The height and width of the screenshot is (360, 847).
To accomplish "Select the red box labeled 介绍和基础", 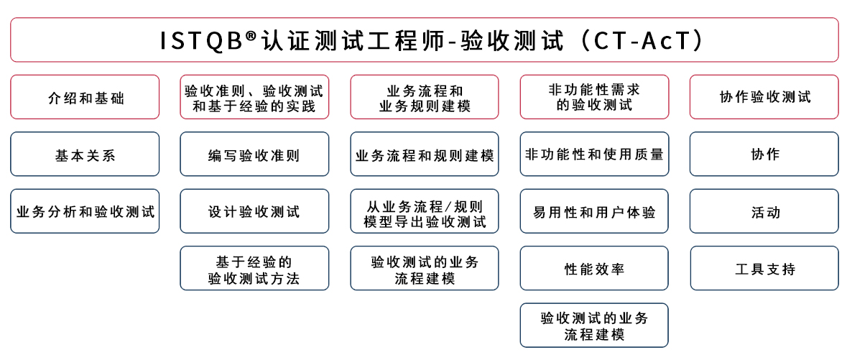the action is point(85,97).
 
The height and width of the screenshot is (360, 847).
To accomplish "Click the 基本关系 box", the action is point(85,154).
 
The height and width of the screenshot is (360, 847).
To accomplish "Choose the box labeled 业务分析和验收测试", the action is point(85,211).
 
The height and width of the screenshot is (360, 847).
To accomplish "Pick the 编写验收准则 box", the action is point(254,154).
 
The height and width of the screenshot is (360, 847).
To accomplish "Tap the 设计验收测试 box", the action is point(254,211).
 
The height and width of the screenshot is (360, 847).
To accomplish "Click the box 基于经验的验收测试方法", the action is point(254,268).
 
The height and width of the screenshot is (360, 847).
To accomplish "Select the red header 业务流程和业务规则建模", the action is point(425,97).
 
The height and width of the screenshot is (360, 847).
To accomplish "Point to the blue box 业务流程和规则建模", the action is point(425,154).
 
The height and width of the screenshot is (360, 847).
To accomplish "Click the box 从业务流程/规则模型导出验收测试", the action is point(425,211).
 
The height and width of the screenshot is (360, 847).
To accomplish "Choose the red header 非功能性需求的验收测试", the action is point(594,97).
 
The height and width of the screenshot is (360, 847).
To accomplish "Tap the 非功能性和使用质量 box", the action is point(594,154).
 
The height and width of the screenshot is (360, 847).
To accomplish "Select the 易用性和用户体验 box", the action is point(594,211).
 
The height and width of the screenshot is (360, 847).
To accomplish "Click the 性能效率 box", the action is point(594,268).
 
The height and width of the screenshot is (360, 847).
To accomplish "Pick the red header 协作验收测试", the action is point(764,97).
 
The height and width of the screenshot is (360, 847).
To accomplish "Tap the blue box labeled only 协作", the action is point(764,154).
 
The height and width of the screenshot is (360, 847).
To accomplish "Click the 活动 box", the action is point(764,211).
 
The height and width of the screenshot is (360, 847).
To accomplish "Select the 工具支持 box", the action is point(764,268).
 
